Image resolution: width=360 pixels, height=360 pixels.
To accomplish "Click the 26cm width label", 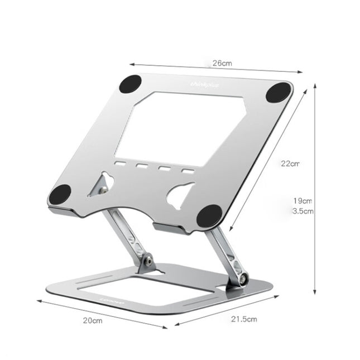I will pos(222,63).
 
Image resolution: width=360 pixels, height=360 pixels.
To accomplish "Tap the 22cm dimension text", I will pos(290,164).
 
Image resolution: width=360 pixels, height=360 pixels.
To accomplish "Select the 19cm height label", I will pos(303,200).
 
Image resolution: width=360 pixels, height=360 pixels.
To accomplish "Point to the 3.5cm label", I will pos(303,211).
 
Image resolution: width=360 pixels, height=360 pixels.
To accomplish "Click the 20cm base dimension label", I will pos(93,320).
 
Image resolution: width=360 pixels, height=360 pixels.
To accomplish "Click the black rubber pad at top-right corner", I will pos(277,92).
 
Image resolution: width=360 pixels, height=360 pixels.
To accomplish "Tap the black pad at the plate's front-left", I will pos(60,195).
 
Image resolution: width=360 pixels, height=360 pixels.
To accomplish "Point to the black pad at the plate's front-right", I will pos(209,215).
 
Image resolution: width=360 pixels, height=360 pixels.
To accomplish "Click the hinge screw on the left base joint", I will pos(148,260).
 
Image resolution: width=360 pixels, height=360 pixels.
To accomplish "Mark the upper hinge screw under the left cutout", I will pos(103,191).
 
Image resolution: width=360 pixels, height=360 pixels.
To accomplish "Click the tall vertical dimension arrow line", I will pos(315,190).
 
